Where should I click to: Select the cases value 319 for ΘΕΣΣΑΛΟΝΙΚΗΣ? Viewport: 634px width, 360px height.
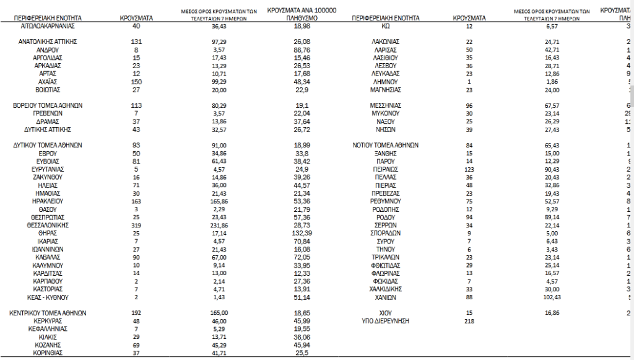pos(137,226)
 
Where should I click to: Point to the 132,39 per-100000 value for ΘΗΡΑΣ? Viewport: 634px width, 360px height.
pos(302,234)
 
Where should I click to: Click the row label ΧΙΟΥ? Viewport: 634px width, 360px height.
pos(385,314)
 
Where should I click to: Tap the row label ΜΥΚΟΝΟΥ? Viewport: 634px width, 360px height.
pos(385,114)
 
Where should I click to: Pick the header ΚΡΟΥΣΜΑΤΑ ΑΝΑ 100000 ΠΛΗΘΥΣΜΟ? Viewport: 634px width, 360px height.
pos(302,15)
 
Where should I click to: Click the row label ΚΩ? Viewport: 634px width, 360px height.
pos(385,26)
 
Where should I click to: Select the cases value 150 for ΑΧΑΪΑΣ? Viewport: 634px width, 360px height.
pos(137,82)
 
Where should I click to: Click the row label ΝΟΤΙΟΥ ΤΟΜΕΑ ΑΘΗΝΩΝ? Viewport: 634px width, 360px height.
pos(385,146)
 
